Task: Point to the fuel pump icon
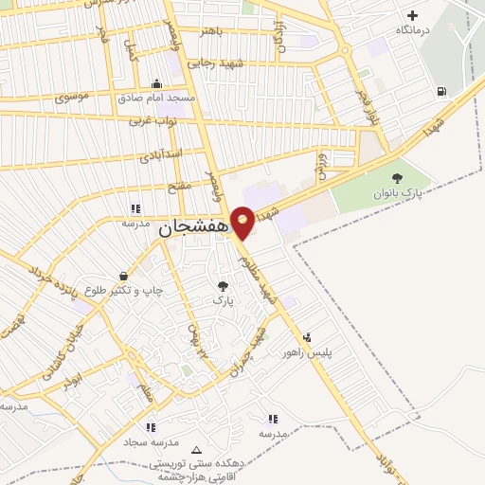tap(441, 92)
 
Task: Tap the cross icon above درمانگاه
tap(412, 15)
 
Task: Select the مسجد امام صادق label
tap(156, 98)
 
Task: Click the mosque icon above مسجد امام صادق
tap(156, 83)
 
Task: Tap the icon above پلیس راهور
tap(306, 337)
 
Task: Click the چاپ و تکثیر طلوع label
tap(124, 290)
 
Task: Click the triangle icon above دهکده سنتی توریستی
tap(196, 450)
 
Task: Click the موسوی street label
tap(73, 96)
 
